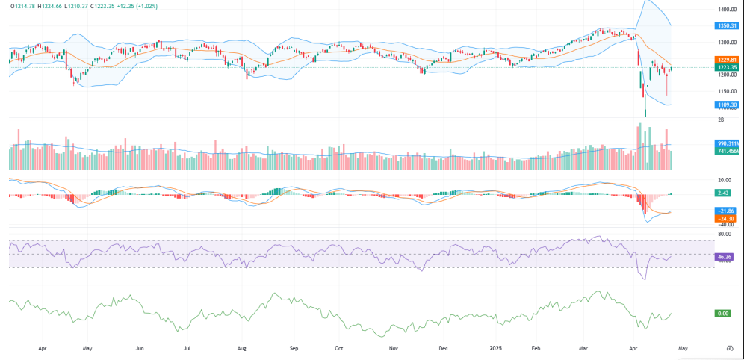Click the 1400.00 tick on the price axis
pos(727,10)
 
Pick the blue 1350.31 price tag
pos(727,25)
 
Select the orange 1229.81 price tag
pos(727,60)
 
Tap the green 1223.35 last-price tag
pos(727,67)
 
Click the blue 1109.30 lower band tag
pos(727,105)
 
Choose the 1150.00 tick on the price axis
pos(727,91)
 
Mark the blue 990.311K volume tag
pos(727,143)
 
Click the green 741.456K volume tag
pos(727,150)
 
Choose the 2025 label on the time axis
pos(495,348)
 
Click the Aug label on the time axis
pos(242,348)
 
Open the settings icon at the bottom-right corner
pos(728,347)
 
